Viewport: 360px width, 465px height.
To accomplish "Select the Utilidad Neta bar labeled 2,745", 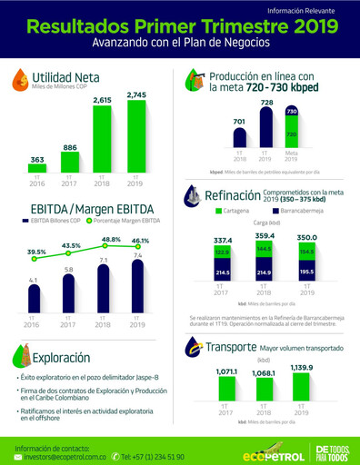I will coord(136,136).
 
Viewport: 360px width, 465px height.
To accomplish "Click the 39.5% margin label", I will coord(35,252).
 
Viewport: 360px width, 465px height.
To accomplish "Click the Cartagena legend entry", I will coord(235,211).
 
